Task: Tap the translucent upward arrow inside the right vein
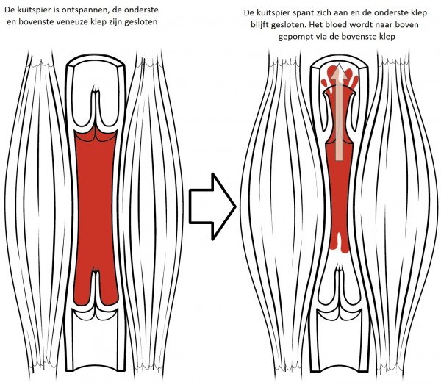[339, 112]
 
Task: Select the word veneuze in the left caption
[71, 22]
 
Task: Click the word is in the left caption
[56, 10]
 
